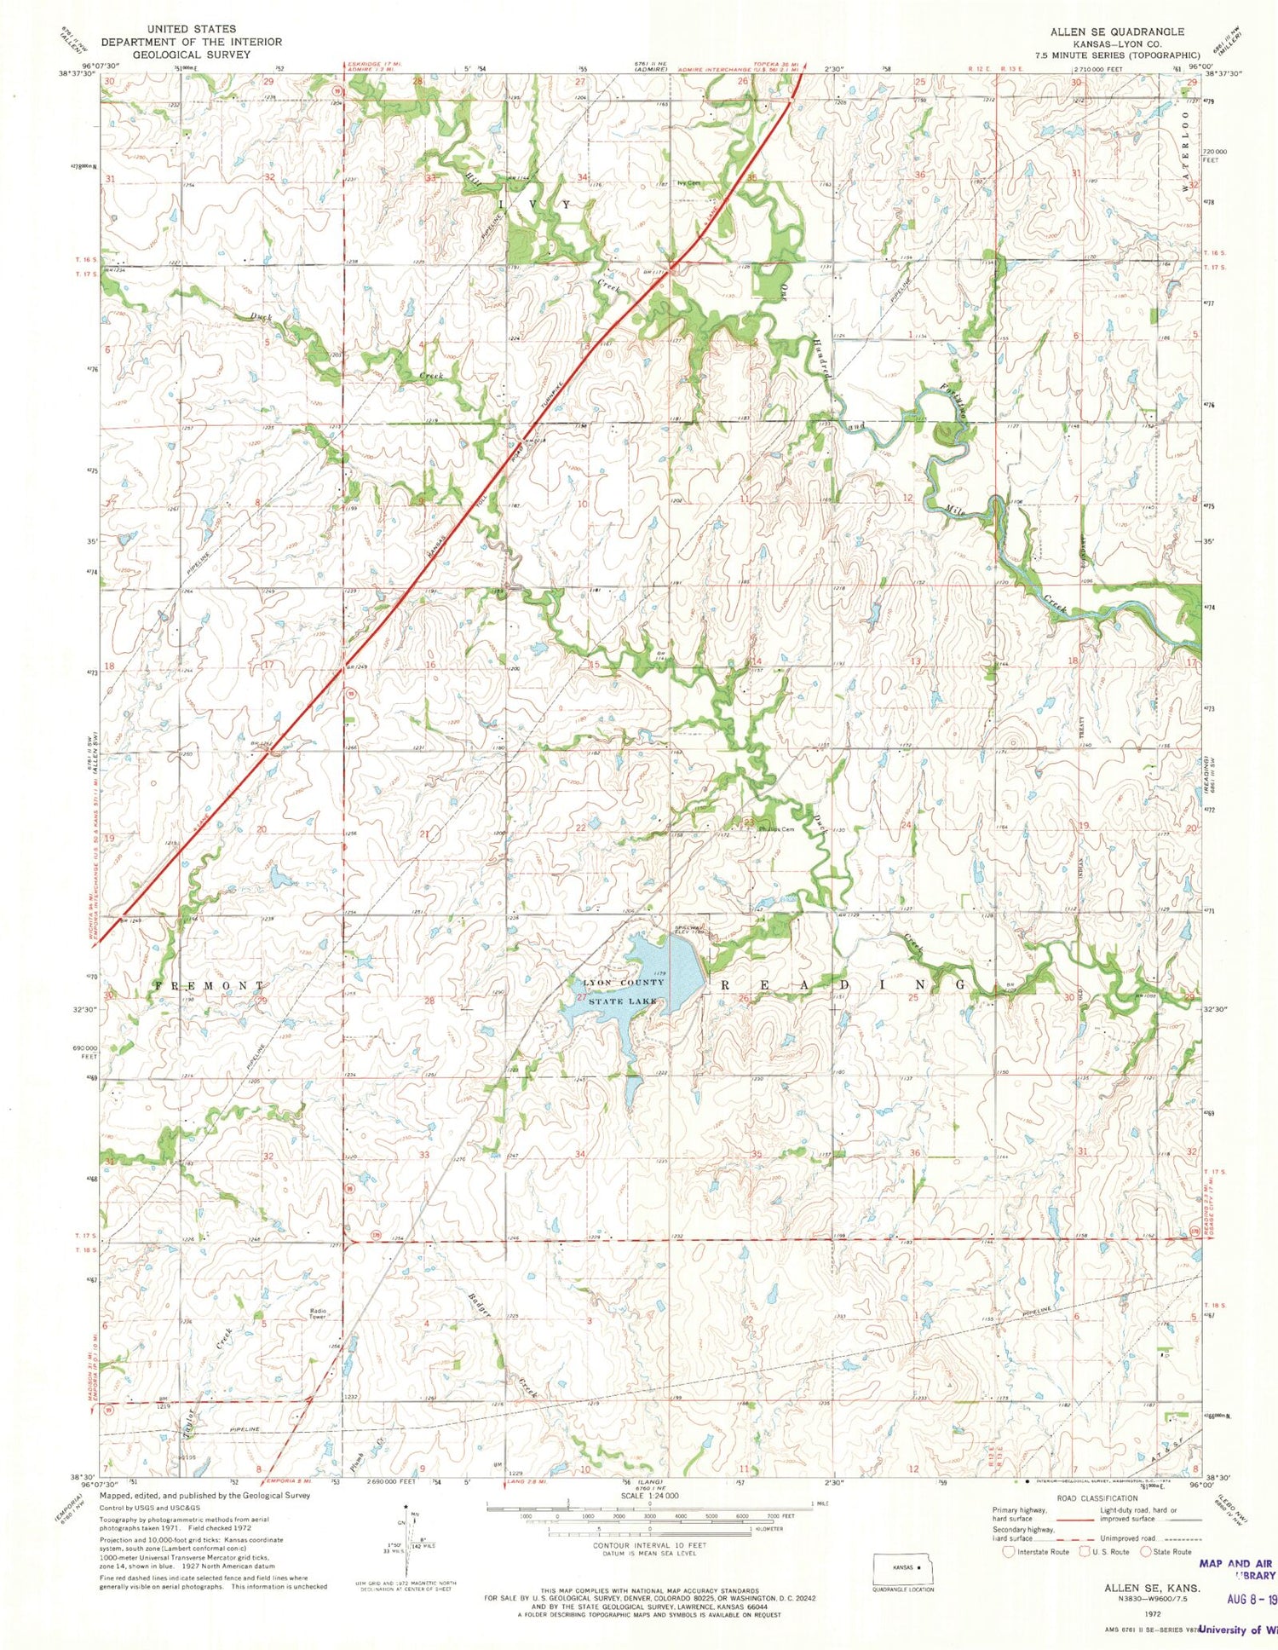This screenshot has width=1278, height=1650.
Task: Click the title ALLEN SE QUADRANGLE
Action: [x=1116, y=32]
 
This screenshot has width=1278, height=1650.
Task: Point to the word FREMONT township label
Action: [x=210, y=985]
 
